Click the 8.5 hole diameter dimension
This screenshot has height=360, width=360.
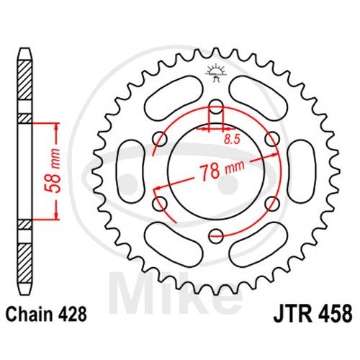(x=232, y=140)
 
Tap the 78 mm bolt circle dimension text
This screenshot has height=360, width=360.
(x=222, y=169)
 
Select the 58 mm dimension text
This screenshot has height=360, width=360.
(x=53, y=171)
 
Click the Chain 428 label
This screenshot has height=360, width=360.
(x=46, y=315)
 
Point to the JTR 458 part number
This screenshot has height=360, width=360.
(x=312, y=313)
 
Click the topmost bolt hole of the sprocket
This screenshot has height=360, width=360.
(x=216, y=107)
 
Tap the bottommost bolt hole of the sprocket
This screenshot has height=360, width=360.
(x=216, y=236)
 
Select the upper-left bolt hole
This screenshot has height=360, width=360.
(x=160, y=139)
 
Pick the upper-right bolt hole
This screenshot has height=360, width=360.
(x=272, y=139)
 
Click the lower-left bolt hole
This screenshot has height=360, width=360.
(x=160, y=204)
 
